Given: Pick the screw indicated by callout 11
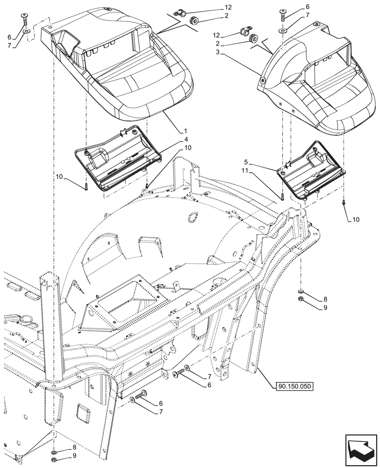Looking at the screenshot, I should (283, 197).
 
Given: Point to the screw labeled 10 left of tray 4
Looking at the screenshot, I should (86, 188).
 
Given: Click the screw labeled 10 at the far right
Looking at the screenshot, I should (344, 202).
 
